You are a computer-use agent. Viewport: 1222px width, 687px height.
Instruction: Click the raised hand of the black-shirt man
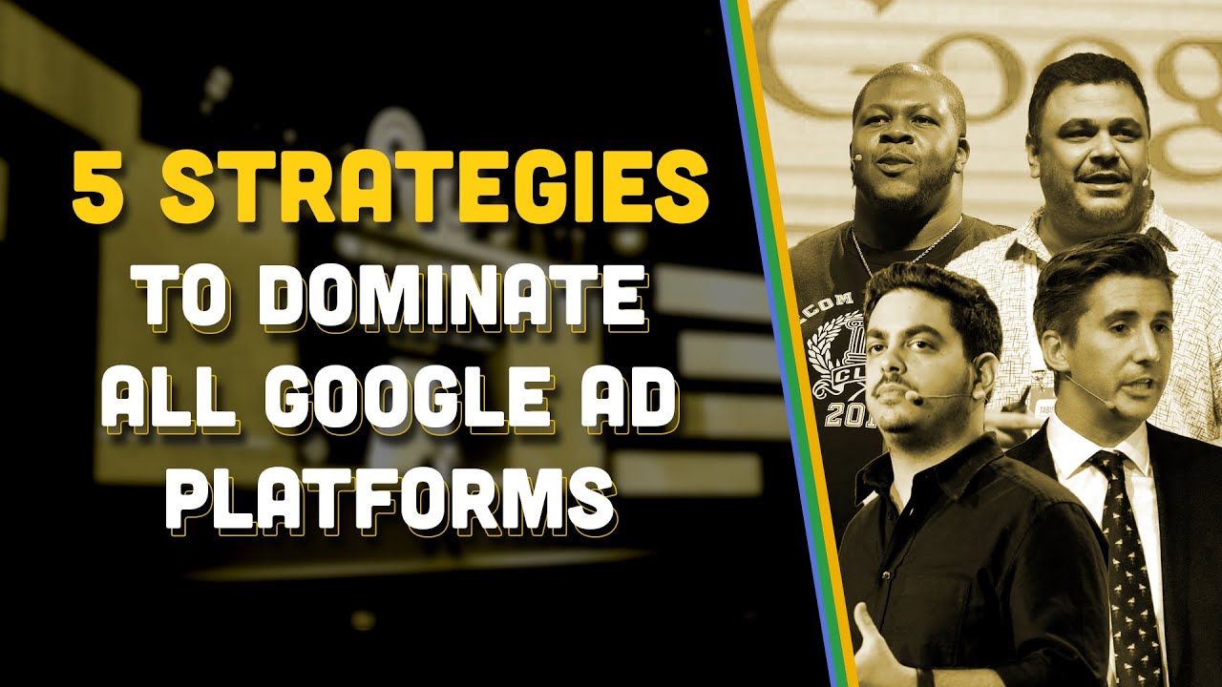coord(874,649)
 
